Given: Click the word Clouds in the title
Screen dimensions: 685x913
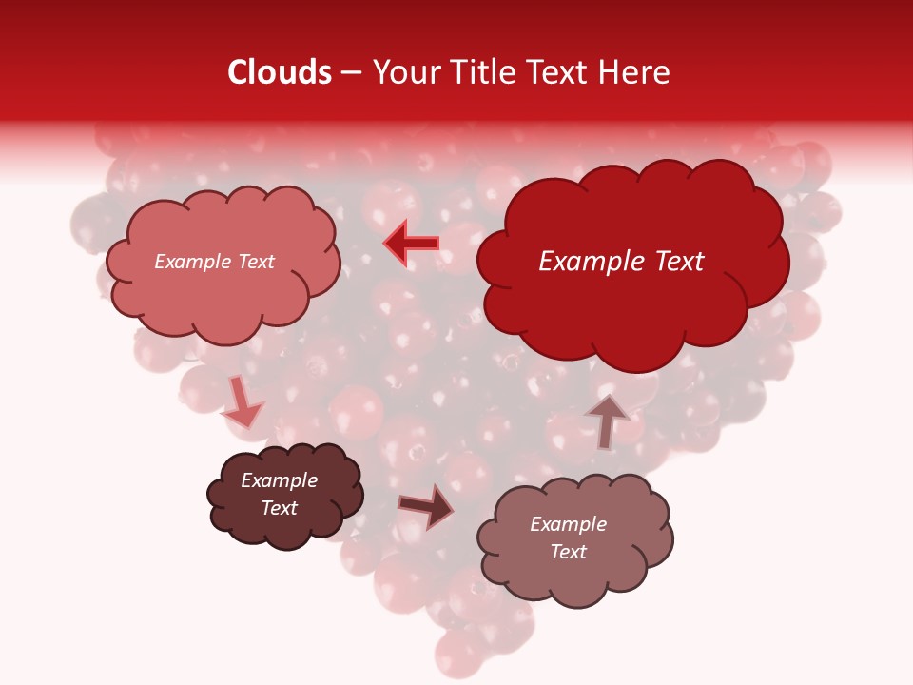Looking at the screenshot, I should pos(280,72).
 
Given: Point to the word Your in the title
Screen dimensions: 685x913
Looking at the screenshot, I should pos(402,72).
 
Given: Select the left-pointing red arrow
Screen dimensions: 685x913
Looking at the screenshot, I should pos(412,244).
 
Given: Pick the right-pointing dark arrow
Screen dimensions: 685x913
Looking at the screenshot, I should pos(425,507).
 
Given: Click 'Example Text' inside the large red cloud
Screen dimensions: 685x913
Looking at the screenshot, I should pos(621,262).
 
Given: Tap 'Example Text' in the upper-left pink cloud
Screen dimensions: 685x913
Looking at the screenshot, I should pos(214,262).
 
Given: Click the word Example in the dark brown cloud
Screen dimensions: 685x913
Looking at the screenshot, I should pos(279,480).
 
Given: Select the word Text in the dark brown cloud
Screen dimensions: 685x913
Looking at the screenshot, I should pos(279,508).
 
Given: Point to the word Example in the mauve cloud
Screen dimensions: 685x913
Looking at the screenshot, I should pos(568,524).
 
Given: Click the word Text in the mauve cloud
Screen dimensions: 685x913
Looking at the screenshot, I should pos(568,552).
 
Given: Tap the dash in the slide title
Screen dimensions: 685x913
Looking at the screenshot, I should pos(349,72).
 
